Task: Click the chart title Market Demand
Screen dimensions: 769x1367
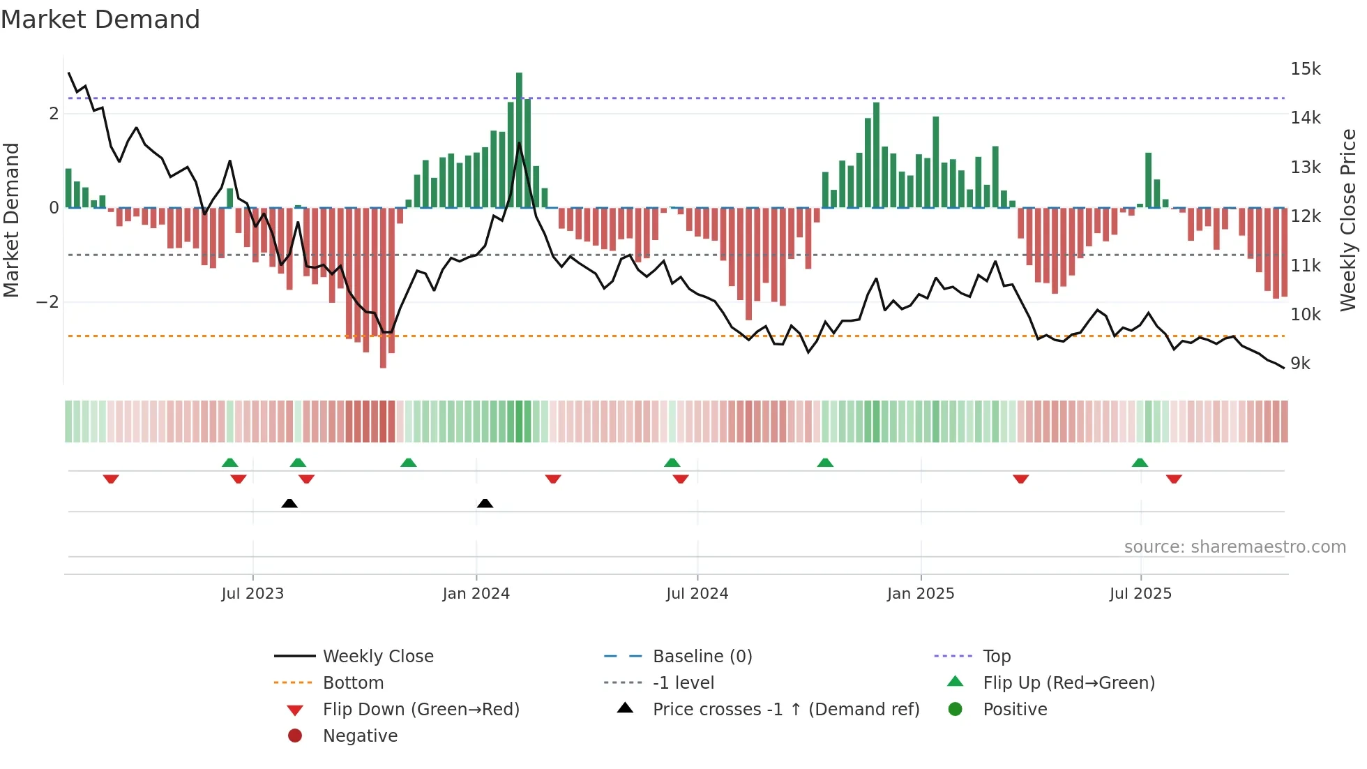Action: (100, 20)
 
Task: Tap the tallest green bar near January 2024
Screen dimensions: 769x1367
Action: (519, 140)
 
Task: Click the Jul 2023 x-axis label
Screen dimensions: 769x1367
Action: (252, 594)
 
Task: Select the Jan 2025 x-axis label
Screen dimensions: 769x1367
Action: (921, 594)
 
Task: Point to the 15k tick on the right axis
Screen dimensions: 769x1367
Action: (1305, 69)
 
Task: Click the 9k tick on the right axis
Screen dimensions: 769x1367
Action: (1300, 364)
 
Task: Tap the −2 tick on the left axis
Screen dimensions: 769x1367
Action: (47, 302)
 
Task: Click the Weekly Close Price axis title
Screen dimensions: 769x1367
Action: (1348, 220)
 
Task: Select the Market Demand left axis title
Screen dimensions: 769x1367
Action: (11, 220)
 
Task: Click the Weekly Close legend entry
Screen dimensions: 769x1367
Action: (377, 657)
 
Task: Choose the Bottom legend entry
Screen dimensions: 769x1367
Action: (353, 683)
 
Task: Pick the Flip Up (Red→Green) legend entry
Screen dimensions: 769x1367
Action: (1068, 683)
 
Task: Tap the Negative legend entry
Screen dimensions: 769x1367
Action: (360, 736)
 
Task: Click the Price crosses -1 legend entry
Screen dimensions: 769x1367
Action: (785, 710)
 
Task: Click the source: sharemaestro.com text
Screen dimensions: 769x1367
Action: (1234, 547)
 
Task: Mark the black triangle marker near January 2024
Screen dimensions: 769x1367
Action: (485, 503)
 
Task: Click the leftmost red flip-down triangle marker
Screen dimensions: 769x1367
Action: (111, 479)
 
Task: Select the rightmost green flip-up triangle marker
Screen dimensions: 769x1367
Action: (1140, 463)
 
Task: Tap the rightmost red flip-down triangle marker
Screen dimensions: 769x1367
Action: (1174, 479)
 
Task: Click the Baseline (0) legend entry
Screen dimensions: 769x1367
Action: (702, 657)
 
